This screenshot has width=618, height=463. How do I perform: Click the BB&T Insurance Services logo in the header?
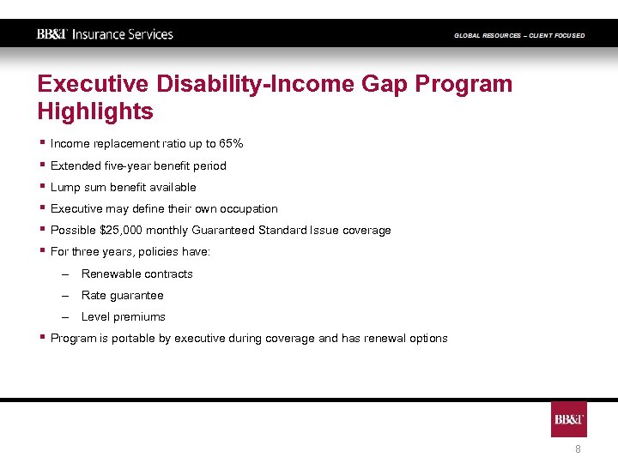pyautogui.click(x=105, y=34)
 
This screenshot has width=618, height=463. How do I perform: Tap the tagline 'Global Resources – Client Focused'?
pyautogui.click(x=519, y=35)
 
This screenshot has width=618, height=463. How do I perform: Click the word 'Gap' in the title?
pyautogui.click(x=381, y=84)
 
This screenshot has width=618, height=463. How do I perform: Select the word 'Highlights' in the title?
pyautogui.click(x=95, y=111)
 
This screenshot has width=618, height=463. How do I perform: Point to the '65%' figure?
pyautogui.click(x=231, y=144)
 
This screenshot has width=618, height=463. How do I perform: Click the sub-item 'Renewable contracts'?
pyautogui.click(x=137, y=274)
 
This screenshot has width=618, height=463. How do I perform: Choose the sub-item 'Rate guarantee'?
pyautogui.click(x=122, y=296)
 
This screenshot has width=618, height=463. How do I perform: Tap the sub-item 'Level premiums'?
pyautogui.click(x=123, y=317)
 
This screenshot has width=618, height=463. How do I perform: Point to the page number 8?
pyautogui.click(x=578, y=449)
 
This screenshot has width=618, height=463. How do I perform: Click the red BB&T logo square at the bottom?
pyautogui.click(x=569, y=419)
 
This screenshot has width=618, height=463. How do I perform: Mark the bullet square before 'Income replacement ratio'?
pyautogui.click(x=41, y=142)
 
